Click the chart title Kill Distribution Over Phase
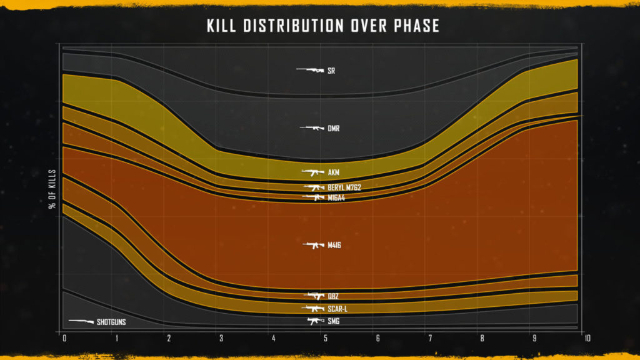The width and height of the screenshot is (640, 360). [x=323, y=26]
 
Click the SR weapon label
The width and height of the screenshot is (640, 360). [x=331, y=71]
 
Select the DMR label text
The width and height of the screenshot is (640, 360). [x=334, y=129]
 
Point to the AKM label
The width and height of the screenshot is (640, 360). [x=334, y=172]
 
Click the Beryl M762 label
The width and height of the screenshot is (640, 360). [x=344, y=187]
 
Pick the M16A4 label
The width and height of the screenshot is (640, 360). [x=337, y=198]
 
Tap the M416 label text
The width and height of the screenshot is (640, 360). [x=334, y=246]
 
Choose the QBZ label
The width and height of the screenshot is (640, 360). [x=333, y=296]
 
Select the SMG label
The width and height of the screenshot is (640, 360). [x=334, y=321]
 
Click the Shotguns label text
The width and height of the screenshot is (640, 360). [x=111, y=322]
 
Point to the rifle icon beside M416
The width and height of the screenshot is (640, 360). [x=314, y=245]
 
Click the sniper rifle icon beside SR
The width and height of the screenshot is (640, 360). [x=310, y=70]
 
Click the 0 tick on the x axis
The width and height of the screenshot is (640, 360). [x=64, y=339]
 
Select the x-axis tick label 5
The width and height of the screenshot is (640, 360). [x=325, y=339]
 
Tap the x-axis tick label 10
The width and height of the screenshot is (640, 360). [x=586, y=339]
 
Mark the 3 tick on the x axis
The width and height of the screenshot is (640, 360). [x=221, y=339]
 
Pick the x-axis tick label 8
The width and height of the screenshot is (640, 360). [x=482, y=339]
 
